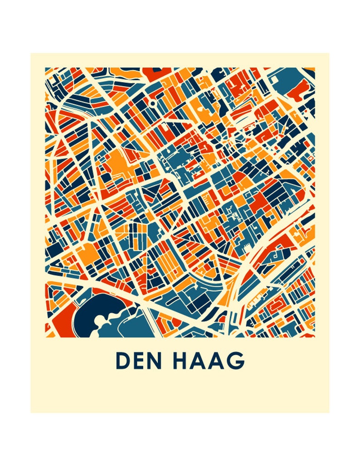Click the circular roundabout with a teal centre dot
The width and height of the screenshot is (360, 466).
click(x=153, y=103)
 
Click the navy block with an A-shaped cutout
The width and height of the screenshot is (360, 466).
click(x=53, y=262)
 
